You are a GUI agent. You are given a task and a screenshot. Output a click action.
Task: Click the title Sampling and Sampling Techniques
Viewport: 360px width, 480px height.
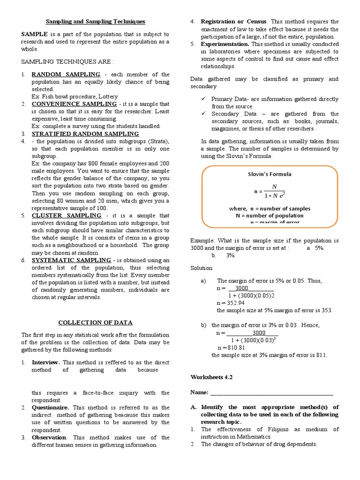pos(95,22)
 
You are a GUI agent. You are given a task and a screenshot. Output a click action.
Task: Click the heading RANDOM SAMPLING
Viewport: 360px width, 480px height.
pos(66,74)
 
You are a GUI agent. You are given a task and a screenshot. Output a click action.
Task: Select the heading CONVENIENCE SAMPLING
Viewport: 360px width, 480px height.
pos(75,104)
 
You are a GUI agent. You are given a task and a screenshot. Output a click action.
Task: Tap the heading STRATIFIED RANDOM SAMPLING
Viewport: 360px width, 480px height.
pos(85,134)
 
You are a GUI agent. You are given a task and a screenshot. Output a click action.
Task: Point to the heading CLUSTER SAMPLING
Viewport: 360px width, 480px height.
pos(67,215)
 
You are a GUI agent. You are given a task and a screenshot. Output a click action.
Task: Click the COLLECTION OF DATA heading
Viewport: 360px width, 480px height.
pos(95,322)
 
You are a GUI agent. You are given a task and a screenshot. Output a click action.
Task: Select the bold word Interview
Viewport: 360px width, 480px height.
pos(45,362)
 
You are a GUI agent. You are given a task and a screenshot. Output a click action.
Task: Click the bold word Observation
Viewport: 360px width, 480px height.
pos(49,437)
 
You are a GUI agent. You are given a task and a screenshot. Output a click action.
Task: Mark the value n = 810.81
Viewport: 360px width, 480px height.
pos(232,348)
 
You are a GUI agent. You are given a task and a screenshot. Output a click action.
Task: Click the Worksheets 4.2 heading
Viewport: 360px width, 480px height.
pos(211,377)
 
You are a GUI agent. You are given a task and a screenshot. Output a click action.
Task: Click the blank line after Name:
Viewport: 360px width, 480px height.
pos(272,392)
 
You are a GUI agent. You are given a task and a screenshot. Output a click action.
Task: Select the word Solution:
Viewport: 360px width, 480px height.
pos(202,268)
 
